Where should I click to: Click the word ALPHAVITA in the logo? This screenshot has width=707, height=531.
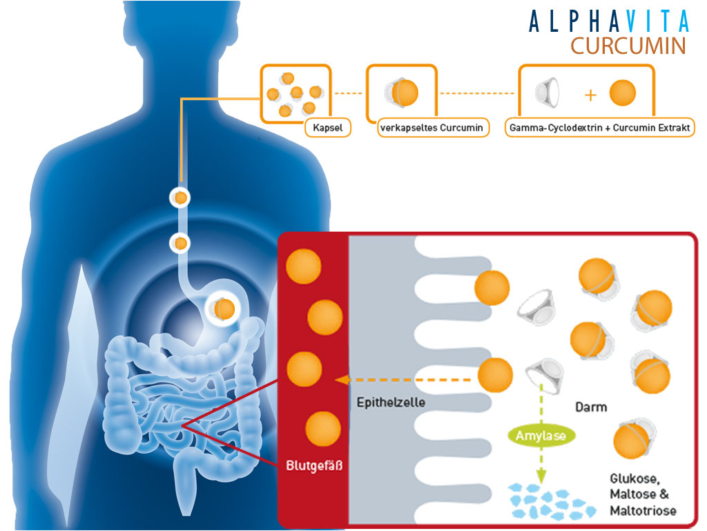tap(609, 21)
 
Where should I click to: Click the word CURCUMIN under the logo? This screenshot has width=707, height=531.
tap(628, 46)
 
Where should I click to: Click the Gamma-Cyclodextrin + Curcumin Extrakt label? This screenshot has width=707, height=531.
tap(600, 128)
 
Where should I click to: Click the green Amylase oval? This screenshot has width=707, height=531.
tap(541, 436)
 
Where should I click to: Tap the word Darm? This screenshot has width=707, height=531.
tap(591, 407)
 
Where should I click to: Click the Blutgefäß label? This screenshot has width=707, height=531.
tap(314, 465)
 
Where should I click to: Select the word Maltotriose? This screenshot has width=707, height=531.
tap(643, 511)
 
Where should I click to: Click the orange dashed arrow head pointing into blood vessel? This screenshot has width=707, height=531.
tap(339, 380)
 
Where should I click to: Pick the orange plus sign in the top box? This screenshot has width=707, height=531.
tap(590, 94)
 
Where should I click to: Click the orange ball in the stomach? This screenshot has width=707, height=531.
tap(224, 308)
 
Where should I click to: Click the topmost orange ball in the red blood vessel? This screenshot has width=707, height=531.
tap(303, 267)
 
